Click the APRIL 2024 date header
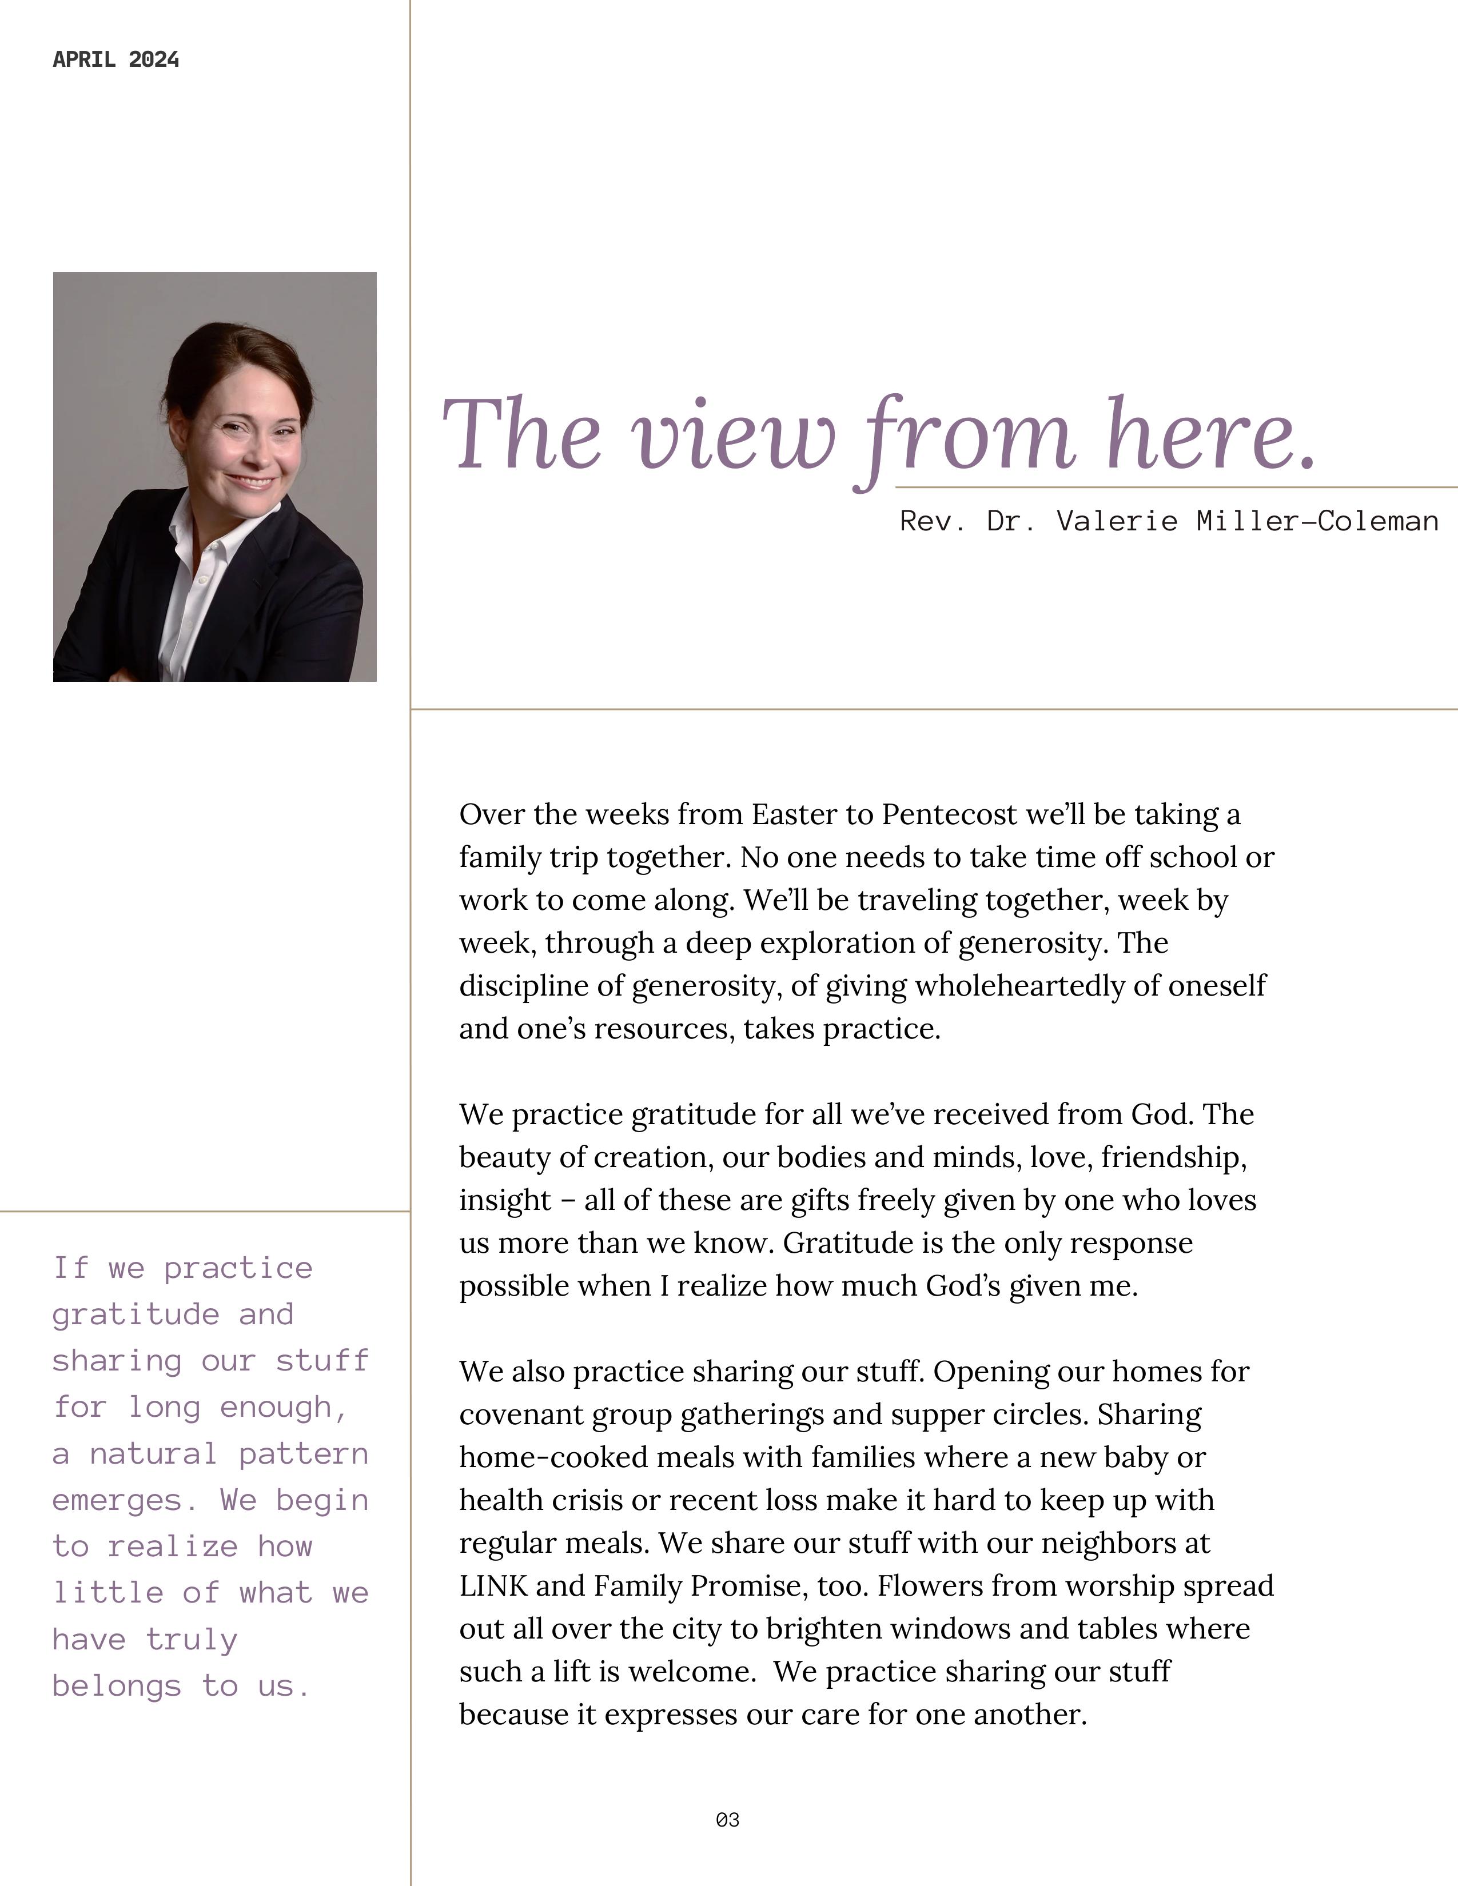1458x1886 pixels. (x=115, y=59)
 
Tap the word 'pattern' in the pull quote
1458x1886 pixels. (x=303, y=1455)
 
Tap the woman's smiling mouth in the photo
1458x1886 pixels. (x=252, y=481)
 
